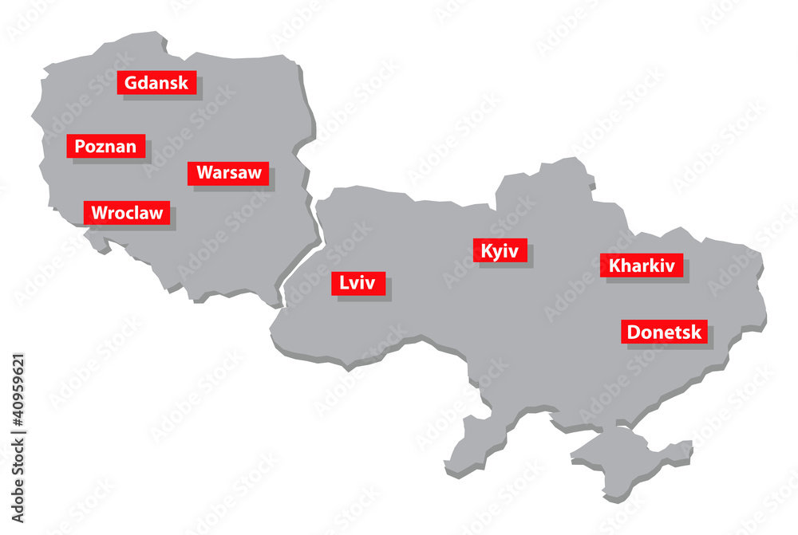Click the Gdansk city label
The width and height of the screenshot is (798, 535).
tap(156, 82)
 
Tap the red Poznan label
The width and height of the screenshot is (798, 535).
tap(105, 146)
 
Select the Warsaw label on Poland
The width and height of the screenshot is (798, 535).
tap(228, 173)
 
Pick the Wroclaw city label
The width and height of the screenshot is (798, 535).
tap(126, 213)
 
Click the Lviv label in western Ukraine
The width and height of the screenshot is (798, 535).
tap(358, 283)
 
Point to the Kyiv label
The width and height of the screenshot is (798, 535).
tap(500, 251)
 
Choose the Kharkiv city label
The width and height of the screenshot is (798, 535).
tap(642, 266)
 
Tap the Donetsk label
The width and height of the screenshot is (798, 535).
tap(664, 332)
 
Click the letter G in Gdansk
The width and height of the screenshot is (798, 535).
tap(131, 82)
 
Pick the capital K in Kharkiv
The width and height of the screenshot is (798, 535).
tap(614, 266)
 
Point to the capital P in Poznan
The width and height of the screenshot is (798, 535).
tap(80, 146)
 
